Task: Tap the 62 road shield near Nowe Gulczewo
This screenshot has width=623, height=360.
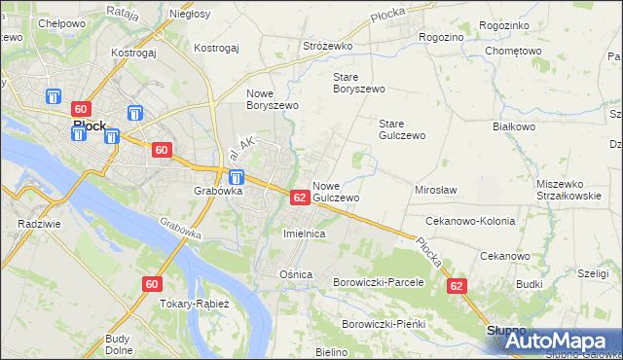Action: pos(300,197)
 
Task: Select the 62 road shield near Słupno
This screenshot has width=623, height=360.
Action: pos(458,286)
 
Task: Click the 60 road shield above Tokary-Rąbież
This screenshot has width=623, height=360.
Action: pos(151,284)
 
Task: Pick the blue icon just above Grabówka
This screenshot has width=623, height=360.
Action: pos(237,177)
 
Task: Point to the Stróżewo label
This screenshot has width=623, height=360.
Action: pos(327,46)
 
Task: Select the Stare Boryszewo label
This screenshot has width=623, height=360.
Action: pos(359,83)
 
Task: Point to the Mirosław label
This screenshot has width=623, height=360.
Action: pos(436,190)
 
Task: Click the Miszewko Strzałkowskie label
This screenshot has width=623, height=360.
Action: pos(567,190)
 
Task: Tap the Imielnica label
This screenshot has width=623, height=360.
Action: pos(303,234)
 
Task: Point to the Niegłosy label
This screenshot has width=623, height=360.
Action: pos(191,14)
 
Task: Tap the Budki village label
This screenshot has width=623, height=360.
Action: pos(530,284)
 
